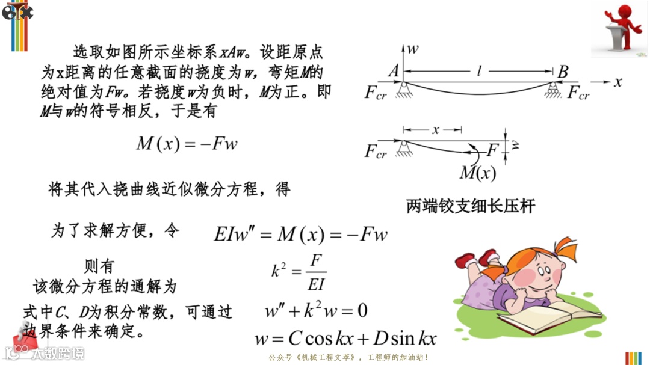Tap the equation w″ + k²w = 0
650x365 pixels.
pos(316,311)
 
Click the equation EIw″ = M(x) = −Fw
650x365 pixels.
pos(301,234)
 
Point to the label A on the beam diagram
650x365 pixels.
pos(394,72)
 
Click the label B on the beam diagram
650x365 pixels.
pos(563,72)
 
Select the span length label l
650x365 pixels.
pos(480,71)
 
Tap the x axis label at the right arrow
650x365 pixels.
pos(617,82)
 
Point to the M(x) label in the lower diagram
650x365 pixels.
pos(477,173)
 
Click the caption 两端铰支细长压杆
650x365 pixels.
pos(471,207)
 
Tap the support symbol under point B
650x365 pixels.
pos(553,92)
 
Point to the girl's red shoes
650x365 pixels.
pos(475,259)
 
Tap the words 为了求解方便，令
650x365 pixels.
pos(115,231)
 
